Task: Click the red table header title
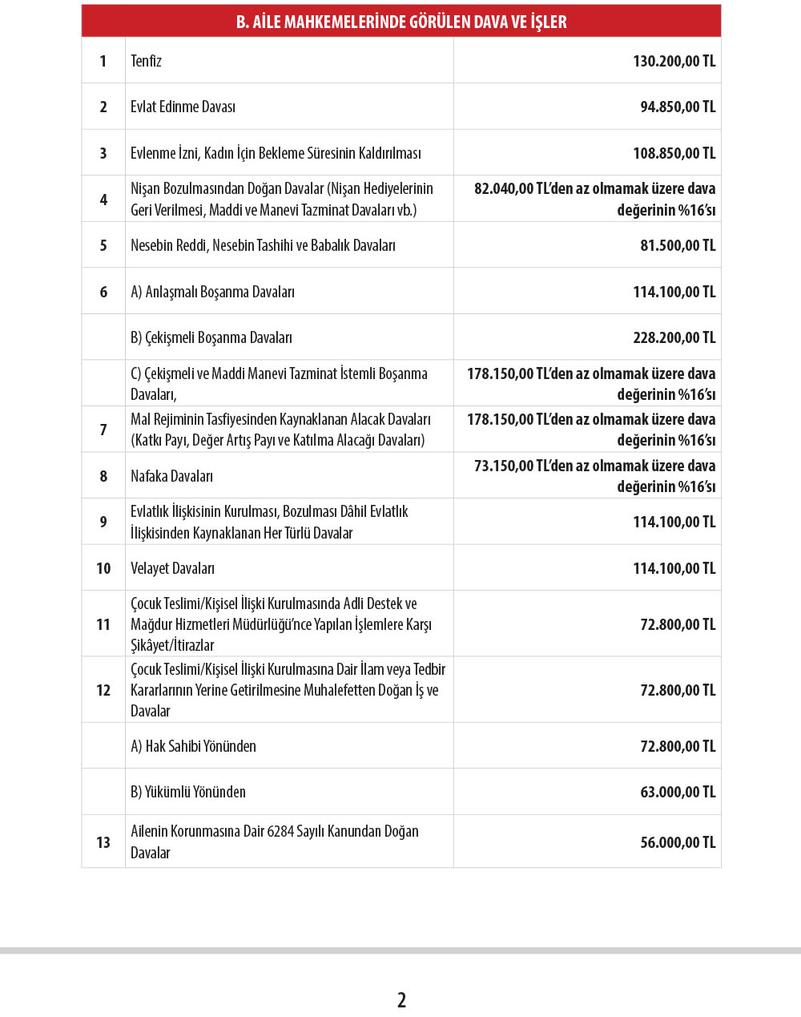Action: pyautogui.click(x=401, y=22)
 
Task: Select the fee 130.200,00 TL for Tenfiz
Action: pyautogui.click(x=674, y=61)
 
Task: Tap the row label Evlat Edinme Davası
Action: pyautogui.click(x=183, y=107)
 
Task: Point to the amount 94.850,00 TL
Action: pyautogui.click(x=678, y=107)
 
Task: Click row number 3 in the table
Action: pyautogui.click(x=103, y=153)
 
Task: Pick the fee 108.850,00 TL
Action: pyautogui.click(x=674, y=153)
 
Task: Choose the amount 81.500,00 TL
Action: pyautogui.click(x=678, y=245)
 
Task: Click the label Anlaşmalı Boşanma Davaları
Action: pyautogui.click(x=212, y=292)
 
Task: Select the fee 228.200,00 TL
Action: pyautogui.click(x=674, y=337)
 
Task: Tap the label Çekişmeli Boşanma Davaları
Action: pyautogui.click(x=211, y=337)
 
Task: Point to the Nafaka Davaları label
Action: pyautogui.click(x=171, y=476)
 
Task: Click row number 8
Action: pyautogui.click(x=103, y=476)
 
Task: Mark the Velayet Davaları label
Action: pyautogui.click(x=172, y=568)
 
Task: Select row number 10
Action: pyautogui.click(x=103, y=568)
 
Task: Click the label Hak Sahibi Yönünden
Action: pyautogui.click(x=193, y=746)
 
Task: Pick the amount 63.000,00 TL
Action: pyautogui.click(x=678, y=792)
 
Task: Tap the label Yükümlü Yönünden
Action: pyautogui.click(x=188, y=792)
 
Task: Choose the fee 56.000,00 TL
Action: pyautogui.click(x=678, y=842)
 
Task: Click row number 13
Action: pyautogui.click(x=103, y=842)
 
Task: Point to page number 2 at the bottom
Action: pyautogui.click(x=401, y=999)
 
